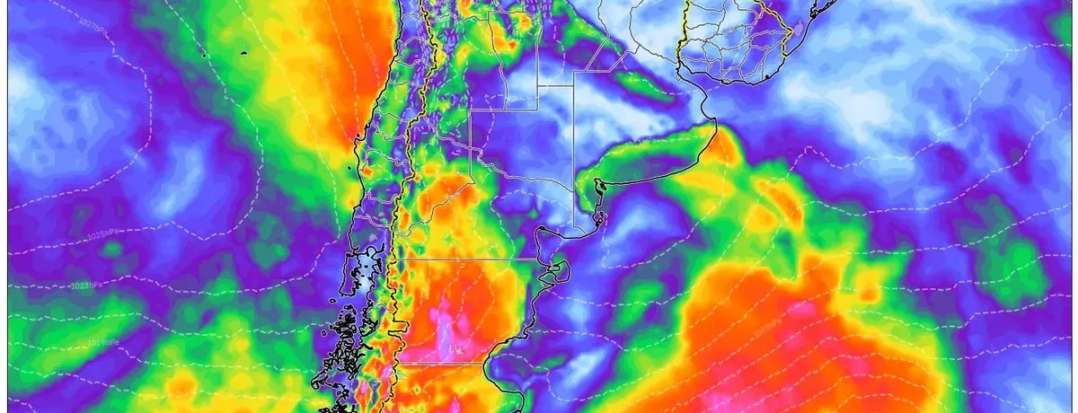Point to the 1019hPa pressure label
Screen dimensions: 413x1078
pyautogui.click(x=104, y=341)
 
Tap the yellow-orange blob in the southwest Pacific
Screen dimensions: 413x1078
pyautogui.click(x=180, y=386)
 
